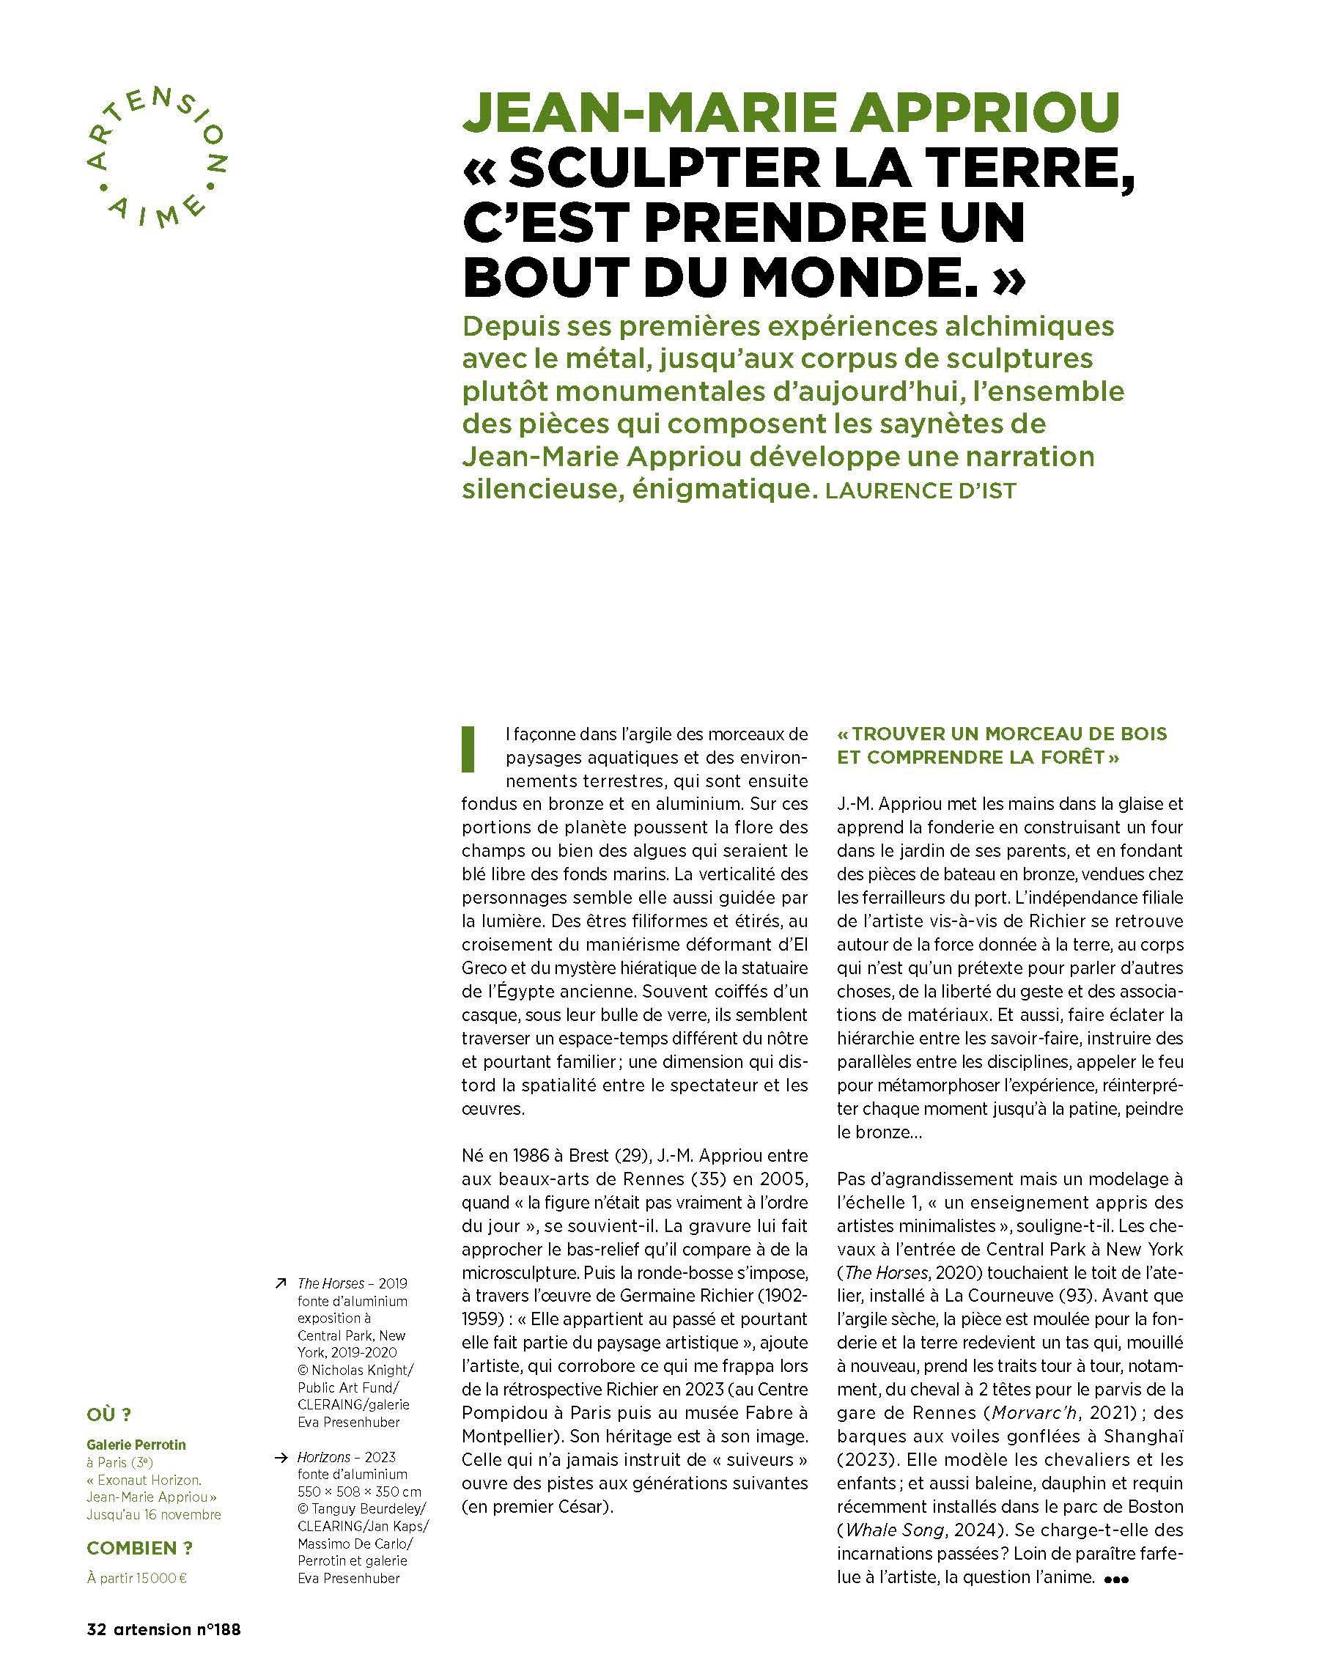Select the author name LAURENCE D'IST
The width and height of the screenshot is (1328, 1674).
(921, 491)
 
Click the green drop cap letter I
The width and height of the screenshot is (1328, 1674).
(468, 748)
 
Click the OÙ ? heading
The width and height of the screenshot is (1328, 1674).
(108, 1414)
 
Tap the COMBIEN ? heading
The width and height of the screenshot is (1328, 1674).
(139, 1547)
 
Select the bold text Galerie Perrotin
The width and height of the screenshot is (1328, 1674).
(136, 1444)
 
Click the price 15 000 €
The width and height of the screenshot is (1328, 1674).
(164, 1577)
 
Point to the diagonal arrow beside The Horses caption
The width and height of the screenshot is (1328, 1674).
(281, 1283)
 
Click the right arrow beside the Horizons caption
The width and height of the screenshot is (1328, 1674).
(281, 1457)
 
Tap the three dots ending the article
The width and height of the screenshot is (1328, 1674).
(1115, 1579)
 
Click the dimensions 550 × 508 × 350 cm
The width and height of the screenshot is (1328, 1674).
(359, 1492)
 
